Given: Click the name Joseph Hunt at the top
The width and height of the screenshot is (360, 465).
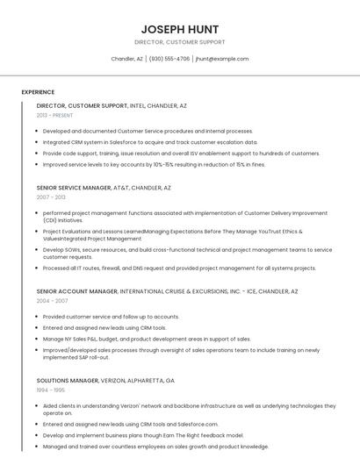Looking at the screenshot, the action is point(179,29).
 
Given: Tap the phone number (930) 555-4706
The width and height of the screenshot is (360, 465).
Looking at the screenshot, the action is point(169,59).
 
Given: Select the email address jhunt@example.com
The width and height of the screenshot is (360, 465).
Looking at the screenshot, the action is point(222,59).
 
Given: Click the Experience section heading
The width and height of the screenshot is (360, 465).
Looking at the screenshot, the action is point(38,92).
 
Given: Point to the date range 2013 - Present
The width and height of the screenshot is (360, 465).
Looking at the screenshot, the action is point(54,115).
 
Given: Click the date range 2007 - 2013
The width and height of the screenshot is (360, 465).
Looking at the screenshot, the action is point(51,197).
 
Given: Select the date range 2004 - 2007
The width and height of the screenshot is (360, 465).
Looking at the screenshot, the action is point(51,300).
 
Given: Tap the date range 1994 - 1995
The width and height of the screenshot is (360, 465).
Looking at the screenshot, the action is point(51,390).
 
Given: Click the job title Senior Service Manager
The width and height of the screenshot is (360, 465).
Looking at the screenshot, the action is point(73,188).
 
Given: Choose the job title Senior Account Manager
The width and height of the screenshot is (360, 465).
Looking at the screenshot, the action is point(76,290).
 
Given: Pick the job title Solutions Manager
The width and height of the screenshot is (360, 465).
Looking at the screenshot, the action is point(67,381).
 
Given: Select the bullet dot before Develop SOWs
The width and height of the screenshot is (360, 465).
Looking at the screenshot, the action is point(38,249).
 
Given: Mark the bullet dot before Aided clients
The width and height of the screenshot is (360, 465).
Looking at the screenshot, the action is point(38,405).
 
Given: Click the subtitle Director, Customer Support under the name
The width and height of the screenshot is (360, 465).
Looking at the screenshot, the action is point(179,42).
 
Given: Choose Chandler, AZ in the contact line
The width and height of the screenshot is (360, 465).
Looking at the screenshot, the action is point(127,59).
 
